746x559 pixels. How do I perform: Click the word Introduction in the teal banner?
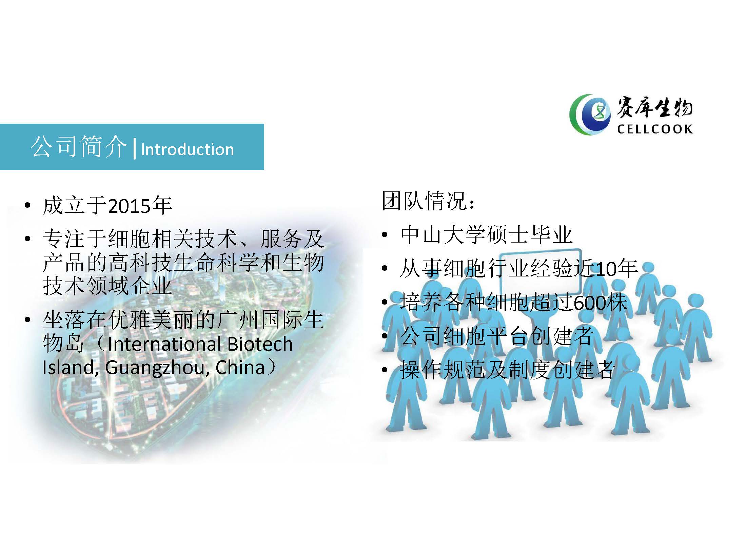click(187, 149)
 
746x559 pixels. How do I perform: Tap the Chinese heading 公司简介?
click(79, 147)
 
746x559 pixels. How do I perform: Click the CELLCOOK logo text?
click(655, 129)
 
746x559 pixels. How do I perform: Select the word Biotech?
click(260, 344)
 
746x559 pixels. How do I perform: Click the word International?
click(165, 344)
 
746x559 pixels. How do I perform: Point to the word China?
click(240, 368)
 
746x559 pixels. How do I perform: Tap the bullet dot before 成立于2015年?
click(27, 206)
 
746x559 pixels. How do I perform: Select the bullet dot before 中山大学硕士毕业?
click(384, 235)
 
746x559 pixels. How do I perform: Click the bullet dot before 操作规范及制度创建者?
click(384, 370)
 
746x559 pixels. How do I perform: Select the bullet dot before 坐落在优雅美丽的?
click(27, 320)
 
